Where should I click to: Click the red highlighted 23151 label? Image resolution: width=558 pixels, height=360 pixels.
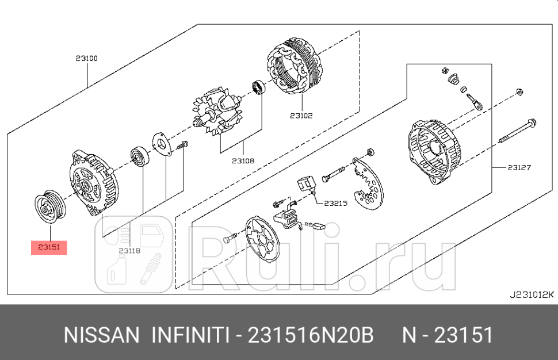[x=50, y=247]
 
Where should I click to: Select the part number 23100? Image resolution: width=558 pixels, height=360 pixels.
[x=86, y=58]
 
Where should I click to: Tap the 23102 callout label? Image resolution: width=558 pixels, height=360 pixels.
[x=301, y=115]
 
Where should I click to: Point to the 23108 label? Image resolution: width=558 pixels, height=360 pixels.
[x=243, y=161]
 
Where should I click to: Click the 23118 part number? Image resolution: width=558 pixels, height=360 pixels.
[x=130, y=250]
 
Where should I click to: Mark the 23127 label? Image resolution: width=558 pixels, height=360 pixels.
[x=519, y=168]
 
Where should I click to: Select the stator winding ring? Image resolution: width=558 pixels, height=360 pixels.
[x=295, y=70]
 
